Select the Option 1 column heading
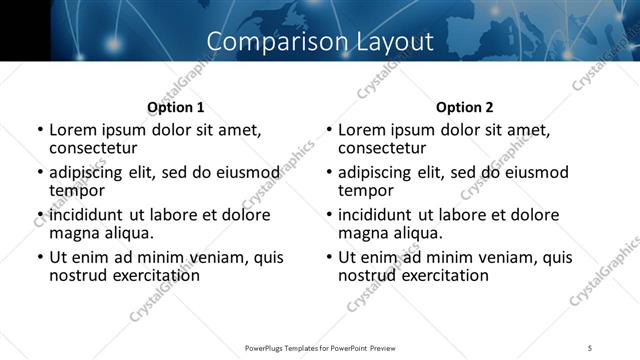[176, 107]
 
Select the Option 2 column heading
[465, 107]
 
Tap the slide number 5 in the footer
[590, 347]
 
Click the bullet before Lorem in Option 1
[40, 130]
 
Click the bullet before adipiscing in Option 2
[329, 172]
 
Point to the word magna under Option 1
[75, 233]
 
